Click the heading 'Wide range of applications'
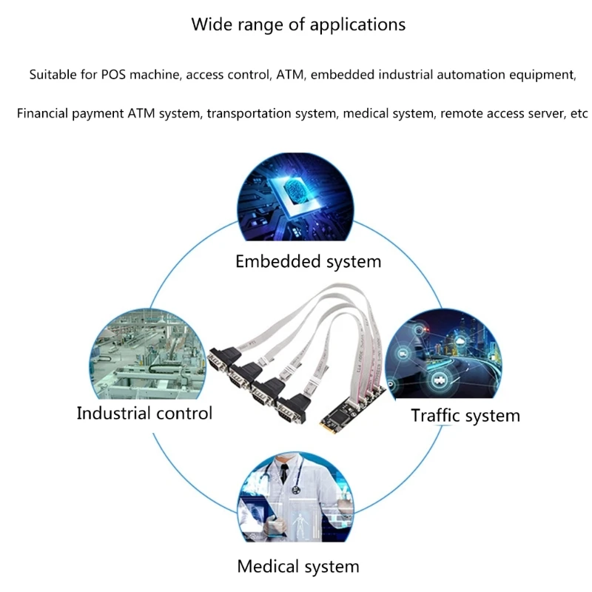click(x=298, y=24)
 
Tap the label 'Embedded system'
click(x=308, y=261)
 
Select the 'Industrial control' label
click(x=144, y=413)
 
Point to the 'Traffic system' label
click(x=465, y=415)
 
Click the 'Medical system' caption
click(x=297, y=568)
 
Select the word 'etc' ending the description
click(x=578, y=114)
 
